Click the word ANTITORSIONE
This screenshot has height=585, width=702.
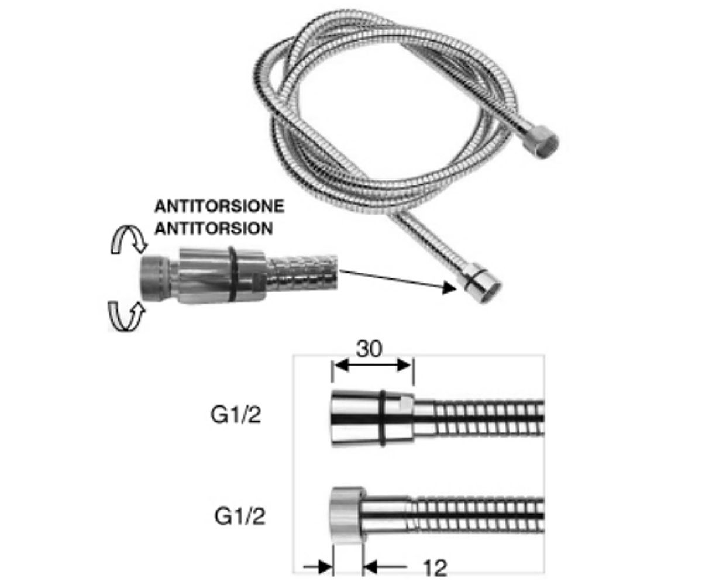click(x=219, y=206)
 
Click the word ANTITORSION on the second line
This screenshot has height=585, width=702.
click(x=214, y=229)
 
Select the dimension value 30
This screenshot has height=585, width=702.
click(x=369, y=349)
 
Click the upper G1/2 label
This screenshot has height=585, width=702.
click(x=236, y=415)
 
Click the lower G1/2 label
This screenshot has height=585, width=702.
click(x=240, y=517)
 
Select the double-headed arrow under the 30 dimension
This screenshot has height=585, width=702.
click(x=373, y=365)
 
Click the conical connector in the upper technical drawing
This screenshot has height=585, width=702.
click(x=372, y=418)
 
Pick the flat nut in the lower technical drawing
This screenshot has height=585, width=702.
click(x=347, y=515)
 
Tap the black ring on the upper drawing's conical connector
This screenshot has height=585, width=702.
click(x=382, y=418)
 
